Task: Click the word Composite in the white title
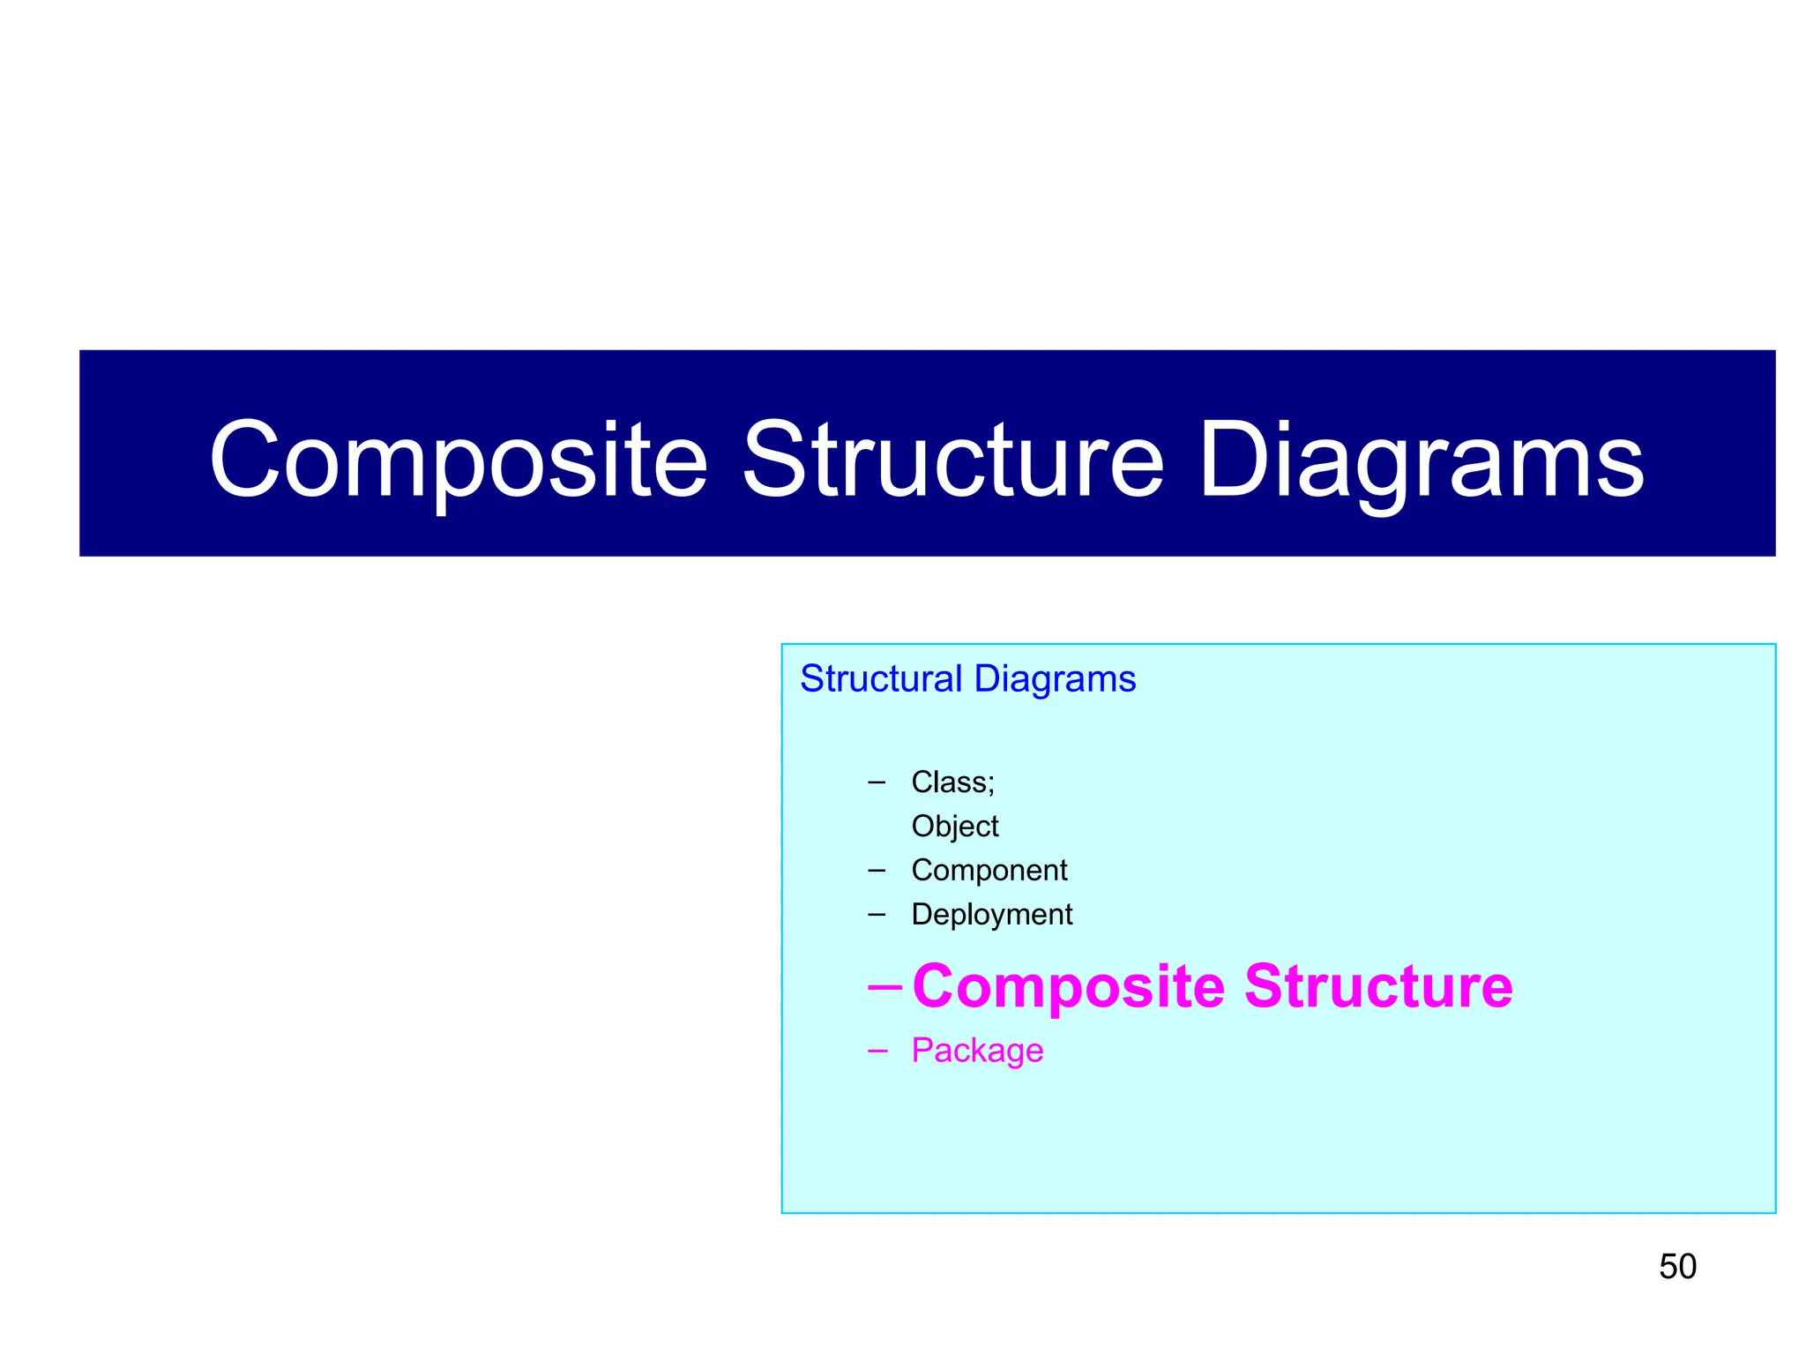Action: (x=459, y=460)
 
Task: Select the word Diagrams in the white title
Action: (x=1422, y=460)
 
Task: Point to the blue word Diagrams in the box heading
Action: (x=1055, y=678)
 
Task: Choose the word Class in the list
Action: (x=949, y=782)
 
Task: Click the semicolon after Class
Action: (x=991, y=783)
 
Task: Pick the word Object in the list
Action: (x=955, y=827)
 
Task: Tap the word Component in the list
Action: (x=989, y=871)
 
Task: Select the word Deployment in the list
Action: (x=992, y=915)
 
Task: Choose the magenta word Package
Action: (x=977, y=1051)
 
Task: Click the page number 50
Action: (x=1677, y=1267)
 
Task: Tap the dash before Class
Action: (x=876, y=782)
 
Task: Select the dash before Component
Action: (x=876, y=871)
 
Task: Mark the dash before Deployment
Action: (x=876, y=915)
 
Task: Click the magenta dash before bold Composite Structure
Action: (x=884, y=986)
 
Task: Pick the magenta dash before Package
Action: (x=877, y=1051)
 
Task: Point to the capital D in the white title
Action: (x=1235, y=459)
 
